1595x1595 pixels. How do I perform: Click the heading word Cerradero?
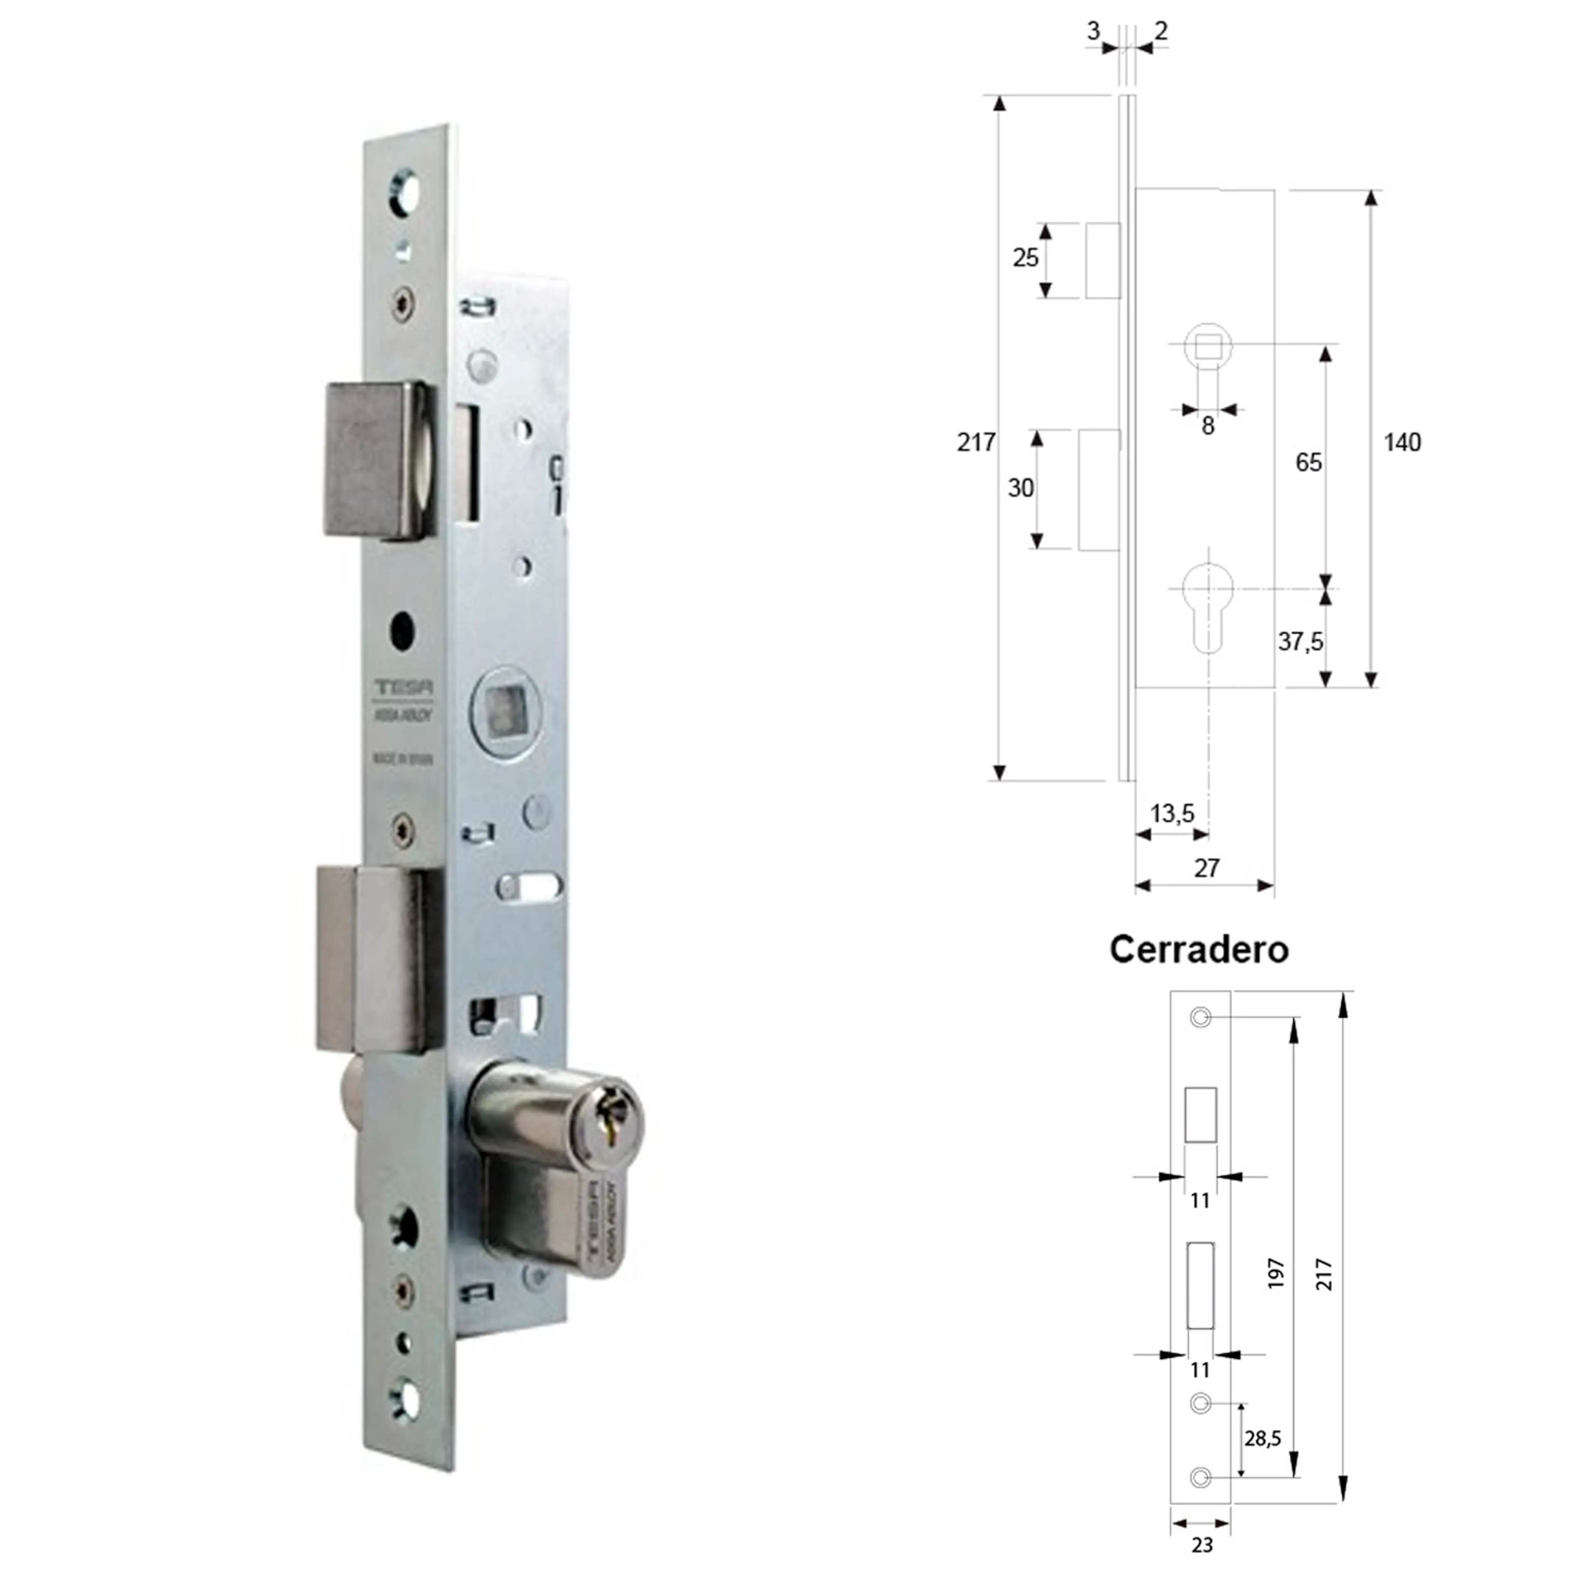(1198, 950)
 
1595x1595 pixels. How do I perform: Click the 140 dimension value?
(1402, 442)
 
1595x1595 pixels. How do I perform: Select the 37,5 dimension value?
(1300, 641)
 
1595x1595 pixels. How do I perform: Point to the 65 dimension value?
(1308, 462)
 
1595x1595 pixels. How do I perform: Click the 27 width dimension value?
(1206, 868)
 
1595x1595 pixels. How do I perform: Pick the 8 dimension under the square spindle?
(1208, 426)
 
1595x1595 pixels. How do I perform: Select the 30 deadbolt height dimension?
(1021, 488)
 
